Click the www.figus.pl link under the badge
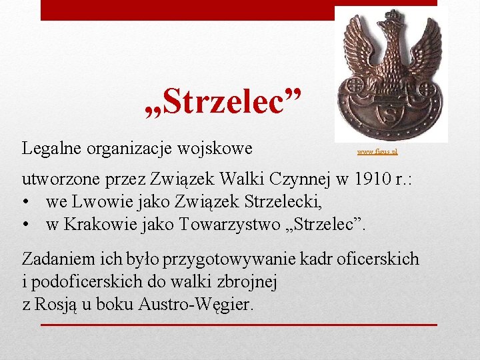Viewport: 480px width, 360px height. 377,153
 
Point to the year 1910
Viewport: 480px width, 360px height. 368,180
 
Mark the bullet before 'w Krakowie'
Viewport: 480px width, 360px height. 27,225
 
